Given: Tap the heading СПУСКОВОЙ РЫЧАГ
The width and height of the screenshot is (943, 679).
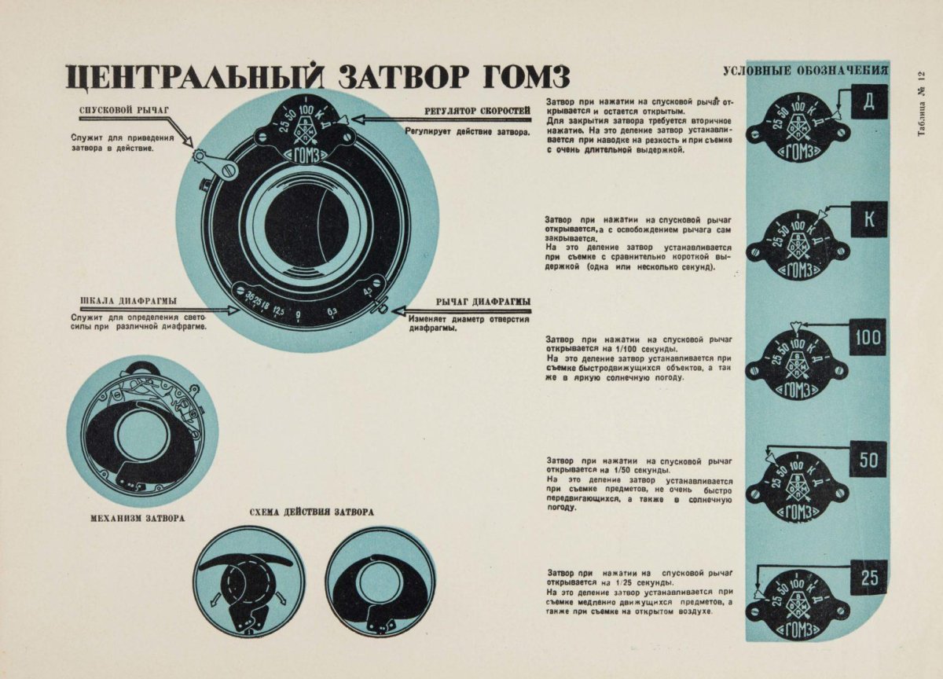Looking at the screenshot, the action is [124, 111].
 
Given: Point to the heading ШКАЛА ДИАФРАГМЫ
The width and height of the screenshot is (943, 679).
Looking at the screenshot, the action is [128, 301].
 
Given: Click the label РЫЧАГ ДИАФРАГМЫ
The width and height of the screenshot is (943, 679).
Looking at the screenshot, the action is [483, 302].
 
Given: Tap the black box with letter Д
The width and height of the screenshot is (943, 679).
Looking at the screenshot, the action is [870, 102].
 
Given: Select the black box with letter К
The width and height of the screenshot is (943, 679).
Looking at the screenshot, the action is [869, 219].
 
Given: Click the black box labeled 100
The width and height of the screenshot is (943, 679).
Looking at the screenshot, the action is [868, 337].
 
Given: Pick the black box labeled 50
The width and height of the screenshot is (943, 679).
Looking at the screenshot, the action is [868, 459].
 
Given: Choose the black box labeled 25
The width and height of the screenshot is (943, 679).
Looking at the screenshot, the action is [869, 578].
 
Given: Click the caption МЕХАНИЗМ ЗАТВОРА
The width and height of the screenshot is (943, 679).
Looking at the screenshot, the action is [138, 518].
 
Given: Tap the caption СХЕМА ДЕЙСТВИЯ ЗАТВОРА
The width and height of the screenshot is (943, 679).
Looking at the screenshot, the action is [311, 512].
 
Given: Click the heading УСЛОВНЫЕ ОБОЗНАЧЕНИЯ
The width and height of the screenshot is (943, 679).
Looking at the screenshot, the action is [805, 71].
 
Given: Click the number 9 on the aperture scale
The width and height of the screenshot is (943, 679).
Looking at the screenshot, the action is [298, 315].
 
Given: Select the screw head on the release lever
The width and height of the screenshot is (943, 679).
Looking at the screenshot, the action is [229, 171].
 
